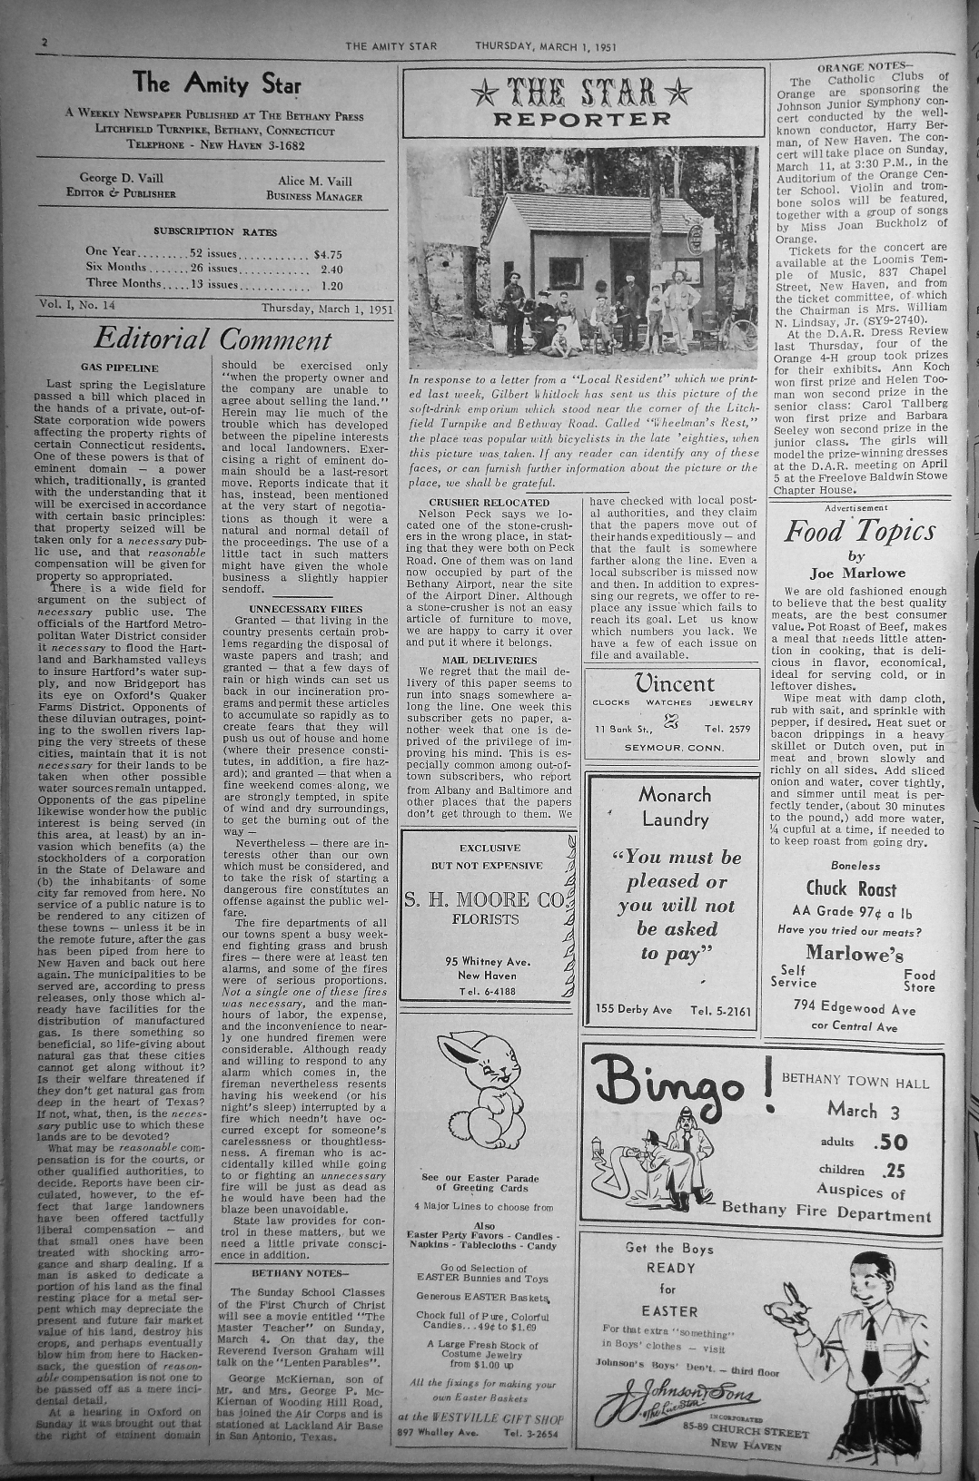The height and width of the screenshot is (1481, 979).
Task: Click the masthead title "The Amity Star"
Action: click(217, 83)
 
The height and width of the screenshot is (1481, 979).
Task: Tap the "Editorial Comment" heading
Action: click(213, 339)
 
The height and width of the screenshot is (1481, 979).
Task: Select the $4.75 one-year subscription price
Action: click(327, 255)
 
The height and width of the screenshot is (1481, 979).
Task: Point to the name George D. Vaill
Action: click(120, 178)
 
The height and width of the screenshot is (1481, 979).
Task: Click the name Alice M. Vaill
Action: click(313, 181)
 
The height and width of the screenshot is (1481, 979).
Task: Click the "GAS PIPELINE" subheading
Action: click(119, 368)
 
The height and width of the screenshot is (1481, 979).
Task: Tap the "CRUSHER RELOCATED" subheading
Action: click(489, 502)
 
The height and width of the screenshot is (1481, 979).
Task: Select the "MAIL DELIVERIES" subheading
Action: click(489, 660)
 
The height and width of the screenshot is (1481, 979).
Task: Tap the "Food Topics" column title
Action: click(858, 530)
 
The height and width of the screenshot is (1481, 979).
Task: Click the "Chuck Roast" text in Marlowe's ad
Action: click(850, 888)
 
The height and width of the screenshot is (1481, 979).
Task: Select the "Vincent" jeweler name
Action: click(674, 683)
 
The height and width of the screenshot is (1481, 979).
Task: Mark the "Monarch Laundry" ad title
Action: click(674, 806)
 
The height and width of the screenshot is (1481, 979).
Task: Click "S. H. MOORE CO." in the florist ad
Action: click(486, 899)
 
